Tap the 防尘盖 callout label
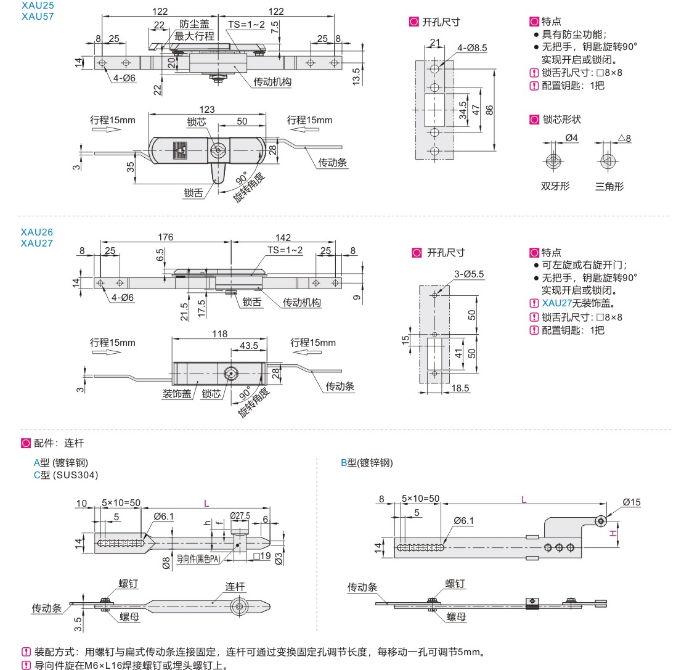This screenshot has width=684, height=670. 194,24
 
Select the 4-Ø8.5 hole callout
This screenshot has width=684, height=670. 472,47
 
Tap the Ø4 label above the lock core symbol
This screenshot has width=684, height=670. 571,138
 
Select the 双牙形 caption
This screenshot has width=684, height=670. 555,186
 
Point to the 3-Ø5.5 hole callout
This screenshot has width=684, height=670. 470,274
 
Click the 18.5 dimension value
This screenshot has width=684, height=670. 460,388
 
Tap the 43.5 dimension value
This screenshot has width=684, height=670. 249,346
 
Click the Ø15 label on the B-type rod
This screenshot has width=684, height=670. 632,502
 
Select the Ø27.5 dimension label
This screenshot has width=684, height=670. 239,515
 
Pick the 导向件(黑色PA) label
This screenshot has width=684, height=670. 198,559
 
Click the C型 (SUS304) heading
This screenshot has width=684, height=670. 65,475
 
